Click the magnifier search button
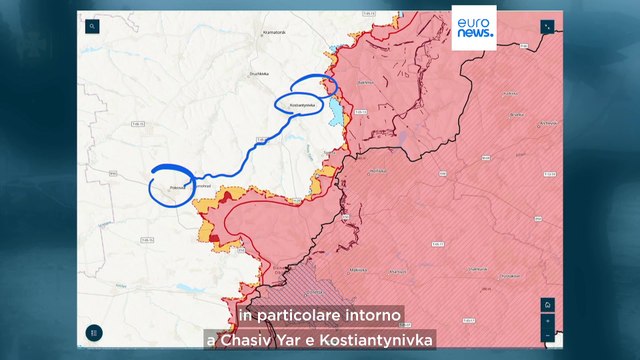(x=93, y=29)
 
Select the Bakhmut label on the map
(x=366, y=83)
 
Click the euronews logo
(x=475, y=27)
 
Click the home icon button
(x=547, y=305)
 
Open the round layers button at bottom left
(x=94, y=332)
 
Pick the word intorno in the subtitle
(x=371, y=316)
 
